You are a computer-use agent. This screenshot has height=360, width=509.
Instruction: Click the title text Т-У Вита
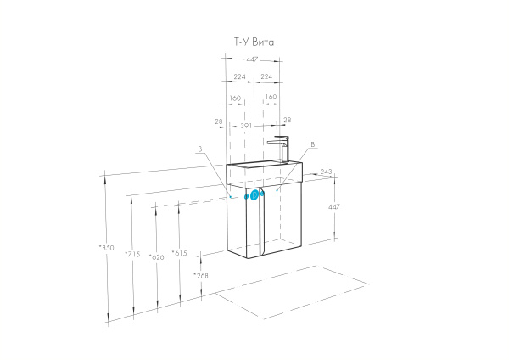[x=254, y=41]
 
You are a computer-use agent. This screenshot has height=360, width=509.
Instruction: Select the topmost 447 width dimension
[x=254, y=59]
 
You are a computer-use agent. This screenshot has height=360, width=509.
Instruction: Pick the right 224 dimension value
[x=266, y=76]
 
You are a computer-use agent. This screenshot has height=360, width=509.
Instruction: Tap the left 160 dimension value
[x=235, y=98]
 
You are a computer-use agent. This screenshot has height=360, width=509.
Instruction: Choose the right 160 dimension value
[x=271, y=98]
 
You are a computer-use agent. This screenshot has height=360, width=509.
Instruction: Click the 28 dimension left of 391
[x=218, y=121]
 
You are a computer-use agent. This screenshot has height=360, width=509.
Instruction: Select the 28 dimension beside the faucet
[x=287, y=121]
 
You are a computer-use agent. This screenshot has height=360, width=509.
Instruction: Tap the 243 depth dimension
[x=326, y=172]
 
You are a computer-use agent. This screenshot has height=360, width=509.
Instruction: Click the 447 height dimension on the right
[x=334, y=205]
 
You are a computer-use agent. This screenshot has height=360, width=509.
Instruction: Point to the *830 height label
[x=106, y=248]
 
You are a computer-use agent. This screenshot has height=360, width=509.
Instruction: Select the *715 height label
[x=131, y=254]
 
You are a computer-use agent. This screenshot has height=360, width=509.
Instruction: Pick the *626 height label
[x=156, y=256]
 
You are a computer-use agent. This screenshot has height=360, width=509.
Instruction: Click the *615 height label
[x=179, y=253]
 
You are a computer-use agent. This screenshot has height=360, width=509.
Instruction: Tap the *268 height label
[x=200, y=276]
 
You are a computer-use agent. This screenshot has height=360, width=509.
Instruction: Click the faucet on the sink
[x=279, y=148]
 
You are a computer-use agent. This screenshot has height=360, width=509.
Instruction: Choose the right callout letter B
[x=312, y=145]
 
